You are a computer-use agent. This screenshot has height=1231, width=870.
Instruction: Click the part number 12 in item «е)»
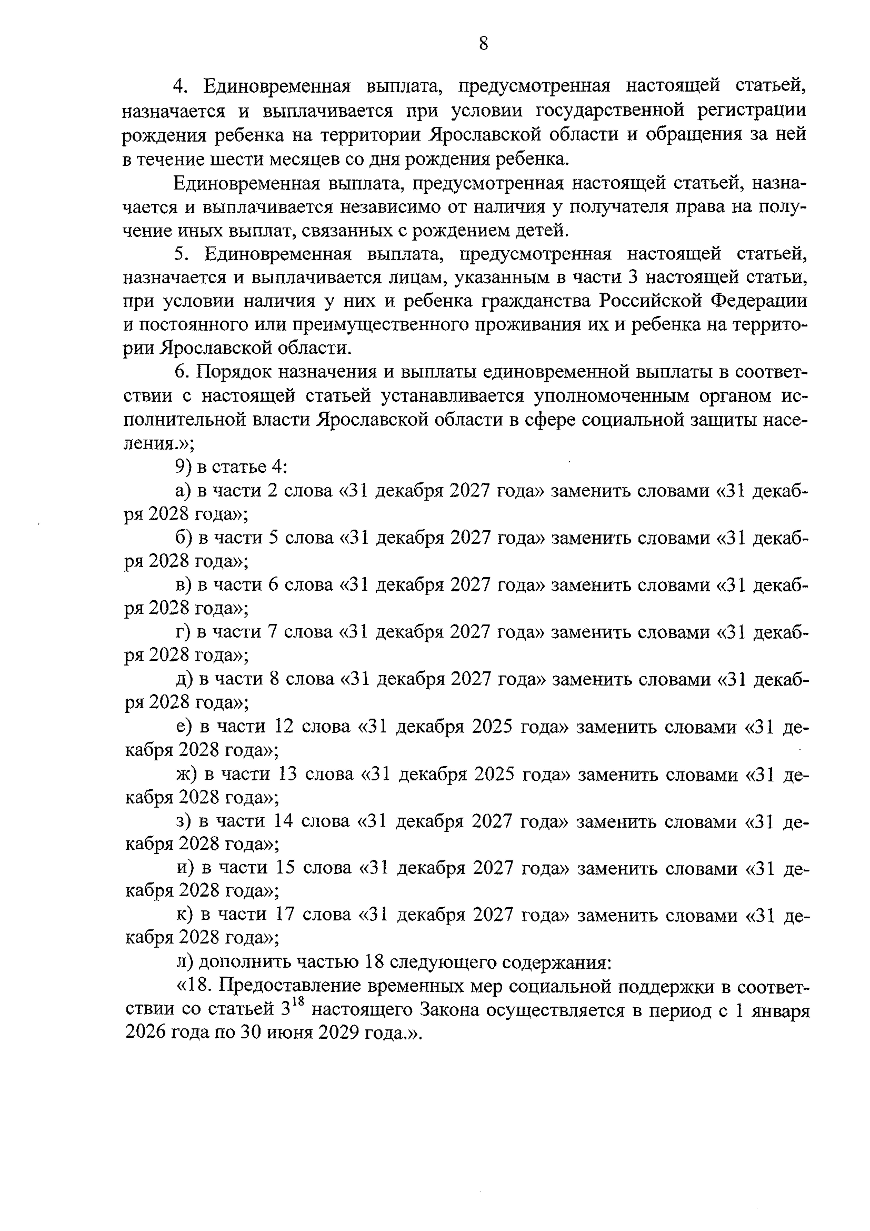pos(284,726)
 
